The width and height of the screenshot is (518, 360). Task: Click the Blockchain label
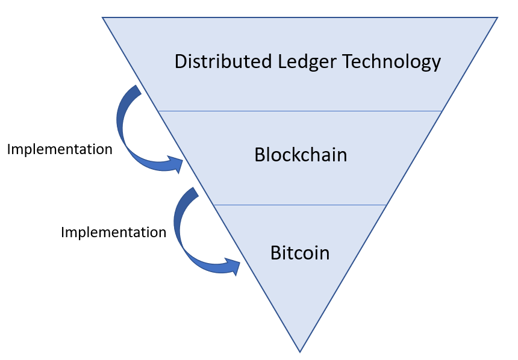pos(301,155)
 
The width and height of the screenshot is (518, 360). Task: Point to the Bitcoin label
pos(300,252)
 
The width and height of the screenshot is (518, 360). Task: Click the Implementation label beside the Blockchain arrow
pos(60,149)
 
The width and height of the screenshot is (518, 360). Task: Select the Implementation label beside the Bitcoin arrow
pos(113,232)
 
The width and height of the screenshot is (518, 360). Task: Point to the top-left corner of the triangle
pos(103,17)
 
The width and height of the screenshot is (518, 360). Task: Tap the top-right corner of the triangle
pos(497,17)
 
